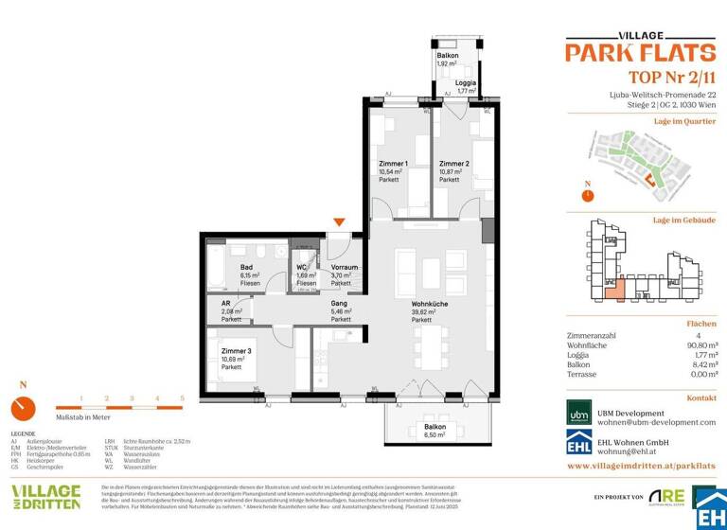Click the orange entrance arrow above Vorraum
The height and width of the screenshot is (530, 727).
click(x=339, y=222)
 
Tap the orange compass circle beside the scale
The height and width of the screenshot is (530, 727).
click(x=25, y=409)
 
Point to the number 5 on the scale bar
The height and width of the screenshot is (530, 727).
click(x=182, y=398)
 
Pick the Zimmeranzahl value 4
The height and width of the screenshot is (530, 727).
click(x=711, y=334)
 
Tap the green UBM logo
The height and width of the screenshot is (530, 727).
click(x=579, y=415)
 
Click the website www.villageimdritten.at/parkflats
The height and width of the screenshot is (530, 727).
click(x=641, y=467)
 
